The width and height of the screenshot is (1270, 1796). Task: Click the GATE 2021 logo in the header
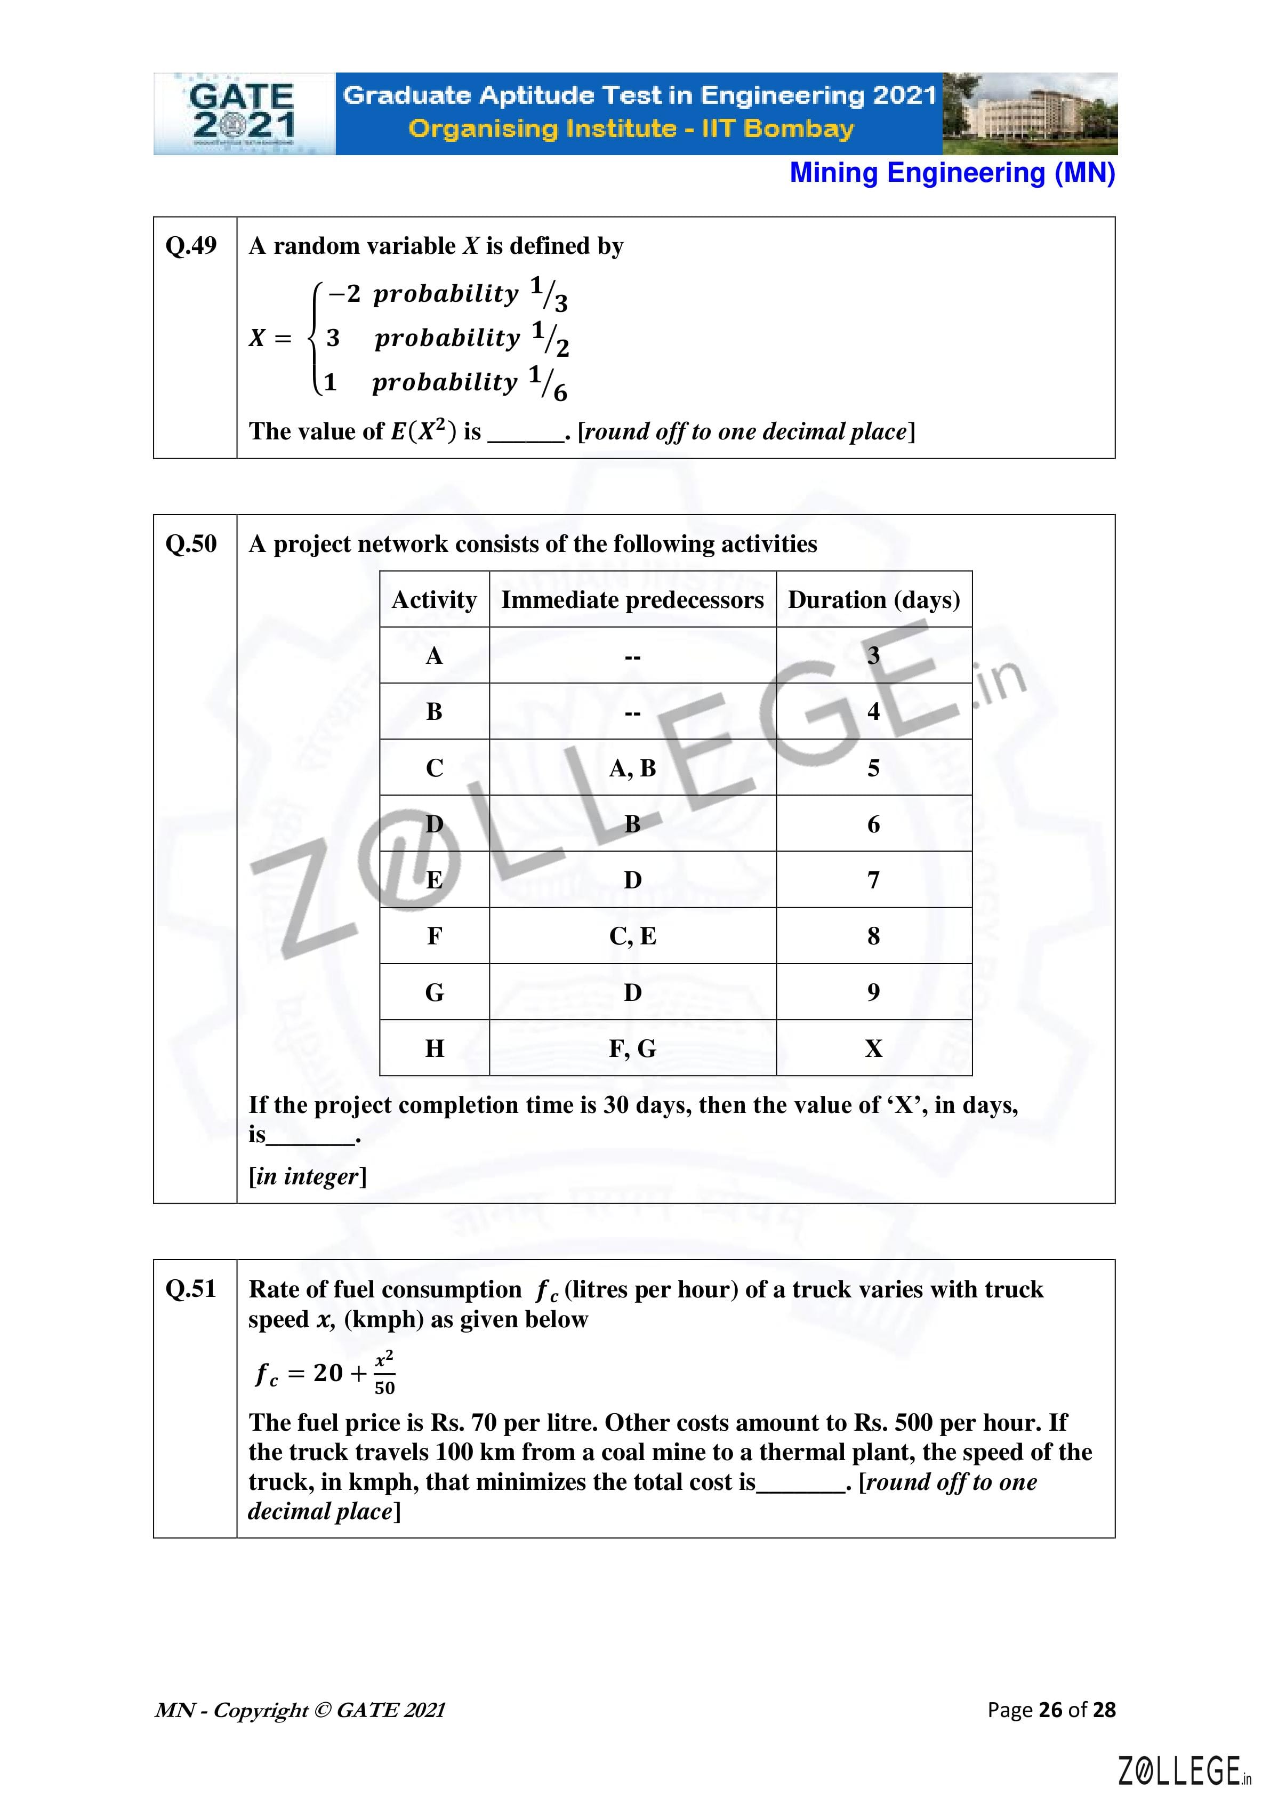(243, 114)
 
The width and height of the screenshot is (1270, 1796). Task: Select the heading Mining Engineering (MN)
(952, 173)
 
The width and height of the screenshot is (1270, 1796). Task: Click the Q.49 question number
(191, 246)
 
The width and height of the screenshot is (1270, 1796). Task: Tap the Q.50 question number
(191, 543)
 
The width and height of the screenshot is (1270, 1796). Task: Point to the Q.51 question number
(191, 1288)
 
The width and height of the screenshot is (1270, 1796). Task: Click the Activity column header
(434, 600)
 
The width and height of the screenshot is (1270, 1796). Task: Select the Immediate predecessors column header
(632, 600)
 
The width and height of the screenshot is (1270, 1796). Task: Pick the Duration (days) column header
(873, 600)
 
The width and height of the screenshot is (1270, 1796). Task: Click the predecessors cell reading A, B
(632, 768)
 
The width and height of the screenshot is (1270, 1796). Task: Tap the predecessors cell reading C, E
(632, 936)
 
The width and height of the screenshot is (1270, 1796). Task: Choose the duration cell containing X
(873, 1048)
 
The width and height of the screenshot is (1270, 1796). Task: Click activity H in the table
(434, 1048)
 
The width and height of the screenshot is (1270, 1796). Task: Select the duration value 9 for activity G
(873, 992)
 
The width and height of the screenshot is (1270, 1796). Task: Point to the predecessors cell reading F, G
(632, 1048)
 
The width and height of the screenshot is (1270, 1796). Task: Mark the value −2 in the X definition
(344, 294)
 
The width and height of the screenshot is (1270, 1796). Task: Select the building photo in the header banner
(1030, 114)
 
